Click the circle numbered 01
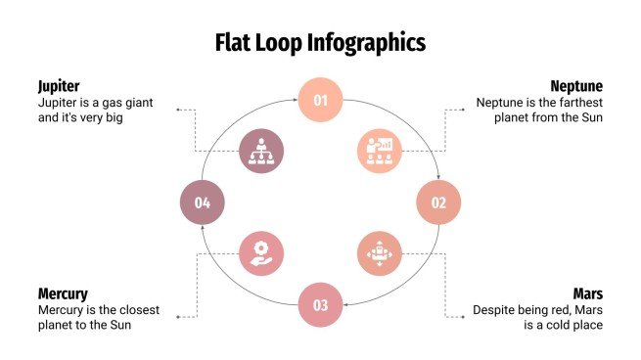click(x=320, y=100)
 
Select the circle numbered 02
click(x=438, y=202)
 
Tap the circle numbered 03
click(x=320, y=304)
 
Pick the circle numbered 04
click(x=203, y=202)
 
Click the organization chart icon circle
click(x=261, y=152)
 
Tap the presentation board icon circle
click(x=379, y=152)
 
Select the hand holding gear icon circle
click(x=261, y=253)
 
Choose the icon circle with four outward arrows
click(x=379, y=253)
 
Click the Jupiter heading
click(x=59, y=85)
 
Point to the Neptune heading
click(x=576, y=85)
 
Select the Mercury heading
click(x=63, y=292)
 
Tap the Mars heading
click(x=588, y=292)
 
